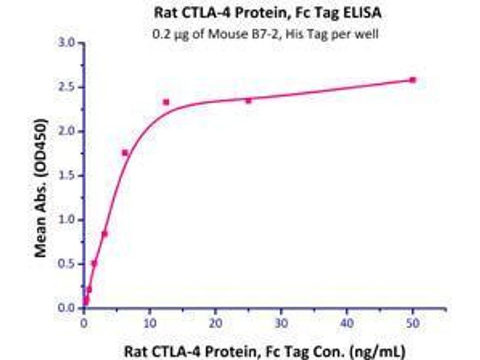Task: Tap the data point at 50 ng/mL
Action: [x=412, y=80]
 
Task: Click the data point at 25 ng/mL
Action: [x=248, y=101]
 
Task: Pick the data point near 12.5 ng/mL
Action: [x=166, y=102]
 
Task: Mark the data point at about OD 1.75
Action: [x=125, y=153]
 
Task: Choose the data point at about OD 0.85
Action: [x=104, y=234]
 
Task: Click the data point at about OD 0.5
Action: [x=94, y=263]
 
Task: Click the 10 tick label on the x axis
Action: [x=149, y=322]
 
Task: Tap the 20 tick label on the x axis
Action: [x=215, y=322]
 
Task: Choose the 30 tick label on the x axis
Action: [x=281, y=322]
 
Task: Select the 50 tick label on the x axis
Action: [x=412, y=322]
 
